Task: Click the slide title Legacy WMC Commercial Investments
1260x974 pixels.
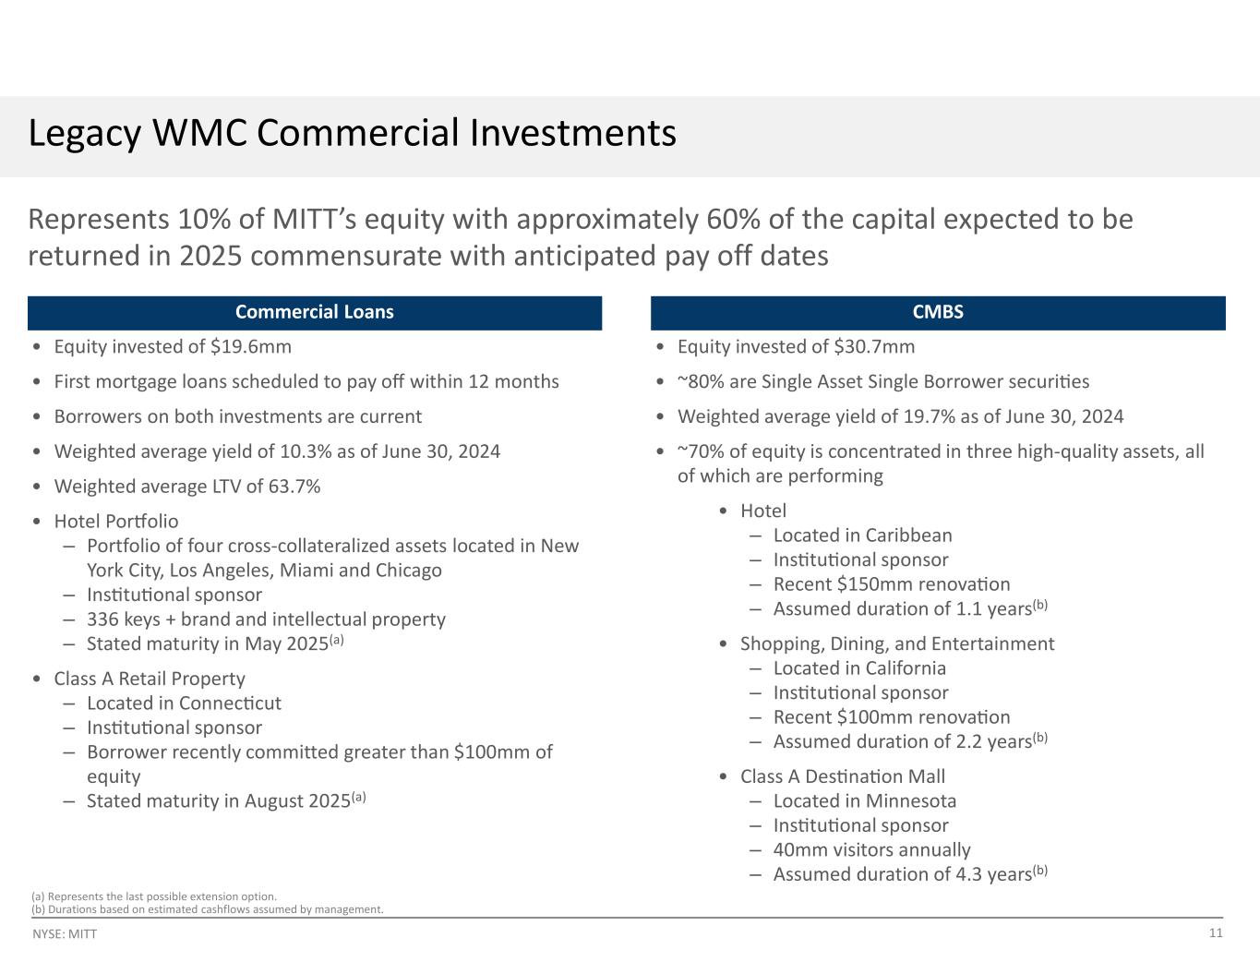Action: click(352, 134)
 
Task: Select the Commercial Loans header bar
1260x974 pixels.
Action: click(314, 312)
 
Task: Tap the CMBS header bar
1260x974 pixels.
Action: click(938, 312)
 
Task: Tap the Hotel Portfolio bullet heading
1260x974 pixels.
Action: click(116, 522)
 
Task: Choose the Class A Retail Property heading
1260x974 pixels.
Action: click(150, 679)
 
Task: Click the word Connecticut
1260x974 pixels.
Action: click(230, 703)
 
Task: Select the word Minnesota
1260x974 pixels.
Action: click(910, 801)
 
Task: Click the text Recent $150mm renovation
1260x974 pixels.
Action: click(892, 584)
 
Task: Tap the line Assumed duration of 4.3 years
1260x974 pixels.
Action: click(901, 874)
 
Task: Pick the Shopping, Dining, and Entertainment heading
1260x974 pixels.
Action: click(897, 643)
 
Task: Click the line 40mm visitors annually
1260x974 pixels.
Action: click(871, 850)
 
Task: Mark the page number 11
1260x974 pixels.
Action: click(1216, 932)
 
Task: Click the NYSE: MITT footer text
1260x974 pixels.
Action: click(65, 934)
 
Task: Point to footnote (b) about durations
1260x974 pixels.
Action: click(207, 909)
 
